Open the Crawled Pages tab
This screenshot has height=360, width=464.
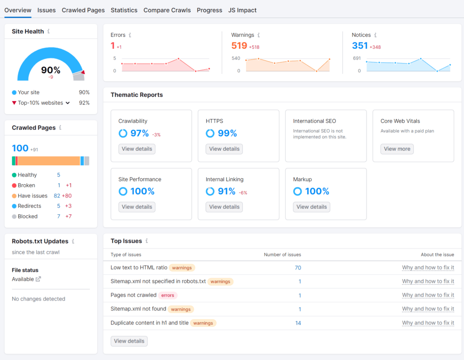[83, 10]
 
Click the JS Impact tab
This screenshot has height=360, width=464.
[242, 10]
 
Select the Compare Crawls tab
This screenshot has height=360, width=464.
[167, 10]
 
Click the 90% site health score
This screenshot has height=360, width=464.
[51, 70]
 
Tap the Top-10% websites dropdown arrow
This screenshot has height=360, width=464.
[68, 103]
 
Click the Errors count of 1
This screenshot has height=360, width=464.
[113, 46]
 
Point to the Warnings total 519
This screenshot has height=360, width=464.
[239, 46]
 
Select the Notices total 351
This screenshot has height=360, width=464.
[360, 46]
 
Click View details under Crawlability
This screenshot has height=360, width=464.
[137, 149]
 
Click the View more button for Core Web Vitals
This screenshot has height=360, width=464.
[397, 149]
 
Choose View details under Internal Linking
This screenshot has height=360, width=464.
[224, 207]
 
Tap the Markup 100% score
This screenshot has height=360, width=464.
[317, 192]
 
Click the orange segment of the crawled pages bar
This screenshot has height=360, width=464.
[49, 161]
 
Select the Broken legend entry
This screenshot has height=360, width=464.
[26, 185]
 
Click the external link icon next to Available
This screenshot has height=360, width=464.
[39, 279]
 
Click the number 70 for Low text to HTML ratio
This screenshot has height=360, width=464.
[298, 268]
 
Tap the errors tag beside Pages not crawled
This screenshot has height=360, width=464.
[168, 295]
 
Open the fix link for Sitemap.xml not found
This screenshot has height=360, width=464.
[428, 309]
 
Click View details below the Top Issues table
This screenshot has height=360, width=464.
[129, 341]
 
